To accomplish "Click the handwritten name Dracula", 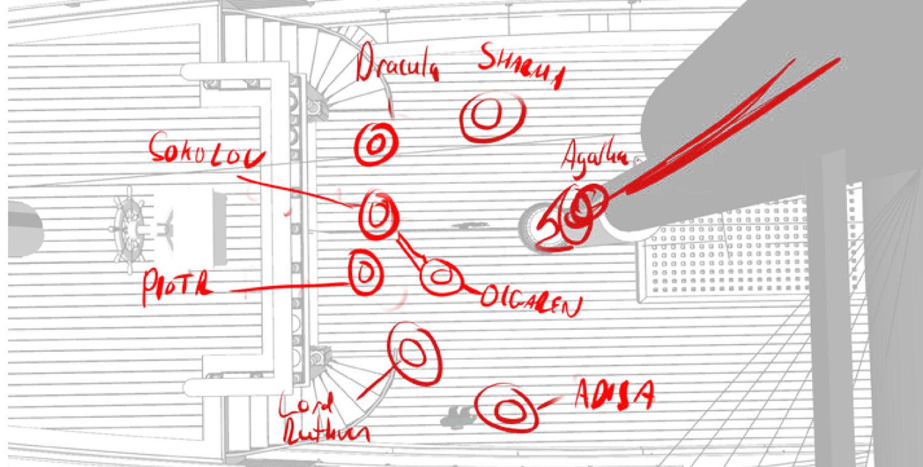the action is tap(397, 67).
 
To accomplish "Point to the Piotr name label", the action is tap(176, 286).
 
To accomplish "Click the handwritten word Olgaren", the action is tap(530, 301).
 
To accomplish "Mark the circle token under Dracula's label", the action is tap(376, 144).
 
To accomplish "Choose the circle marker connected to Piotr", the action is tap(365, 272).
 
